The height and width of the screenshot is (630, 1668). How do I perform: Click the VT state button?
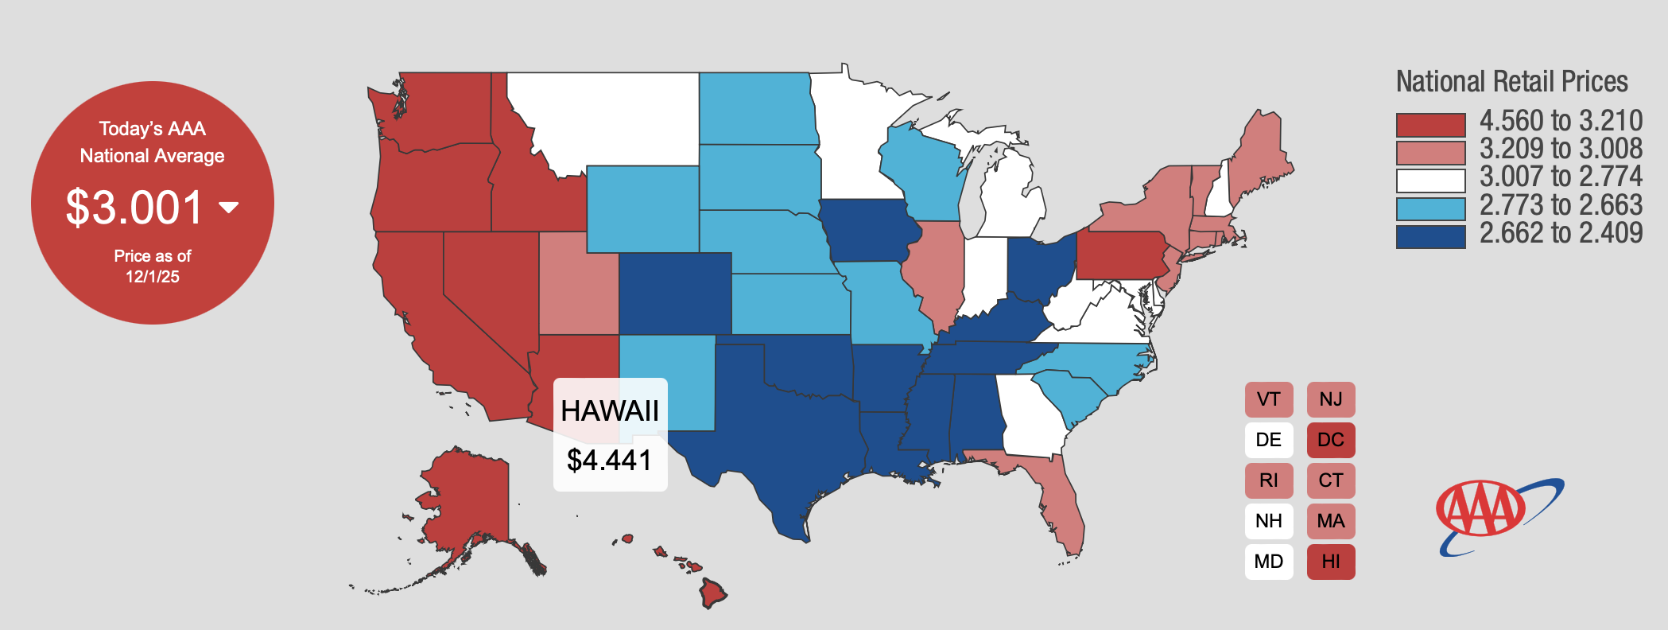pos(1268,399)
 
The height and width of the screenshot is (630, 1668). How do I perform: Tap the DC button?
pos(1330,440)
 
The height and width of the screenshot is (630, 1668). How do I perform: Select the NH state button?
pos(1268,521)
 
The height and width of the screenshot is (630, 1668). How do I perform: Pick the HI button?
pos(1330,562)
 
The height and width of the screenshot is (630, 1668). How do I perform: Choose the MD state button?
pos(1268,562)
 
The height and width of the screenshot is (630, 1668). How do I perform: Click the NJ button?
pos(1330,399)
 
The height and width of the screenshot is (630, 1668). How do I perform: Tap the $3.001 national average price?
pos(134,208)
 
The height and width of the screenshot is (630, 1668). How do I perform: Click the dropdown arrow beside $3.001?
pos(229,208)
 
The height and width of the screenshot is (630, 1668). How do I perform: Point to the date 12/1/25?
pos(152,277)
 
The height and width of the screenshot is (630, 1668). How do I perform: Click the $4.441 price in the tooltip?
pos(609,460)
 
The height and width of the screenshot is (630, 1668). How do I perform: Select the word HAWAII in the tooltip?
pos(609,410)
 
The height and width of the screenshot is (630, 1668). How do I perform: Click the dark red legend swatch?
pos(1430,125)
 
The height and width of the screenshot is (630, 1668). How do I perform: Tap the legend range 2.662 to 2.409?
pos(1560,233)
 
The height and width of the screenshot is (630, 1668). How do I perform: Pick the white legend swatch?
pos(1430,181)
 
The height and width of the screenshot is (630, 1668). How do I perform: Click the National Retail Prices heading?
pos(1511,82)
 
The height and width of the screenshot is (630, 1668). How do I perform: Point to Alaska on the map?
pos(469,501)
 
